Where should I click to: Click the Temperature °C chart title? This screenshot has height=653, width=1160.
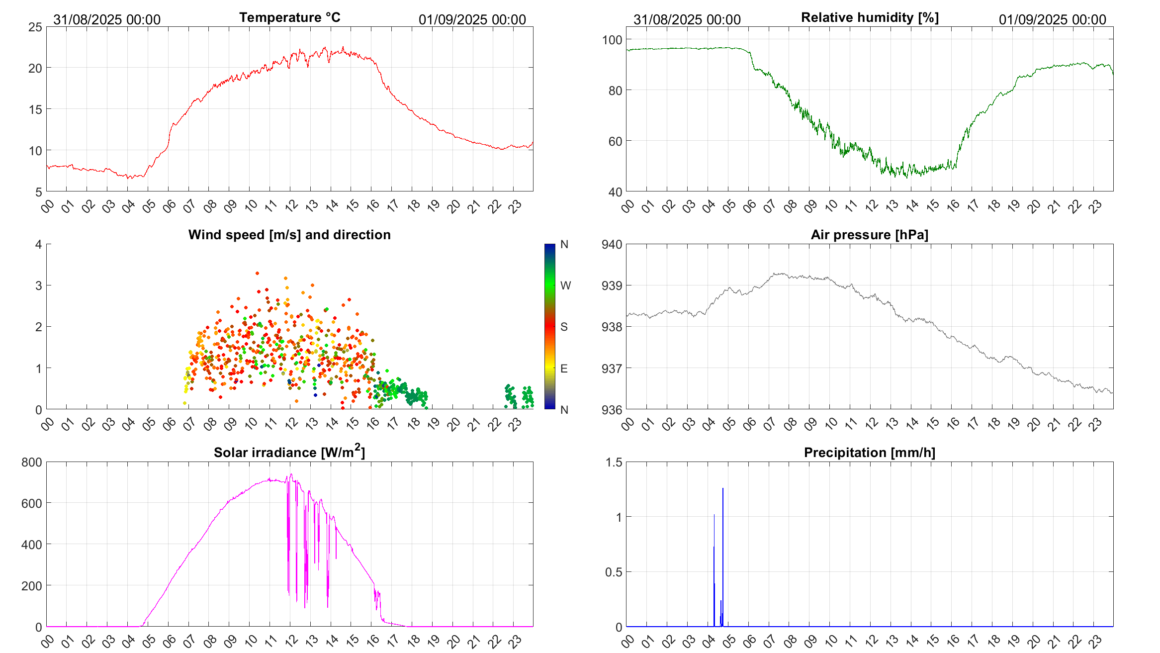click(x=290, y=17)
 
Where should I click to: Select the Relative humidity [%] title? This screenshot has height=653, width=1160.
click(x=870, y=17)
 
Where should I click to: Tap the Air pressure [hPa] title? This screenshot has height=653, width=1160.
click(x=869, y=235)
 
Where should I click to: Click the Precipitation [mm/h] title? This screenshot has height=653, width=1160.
click(x=869, y=453)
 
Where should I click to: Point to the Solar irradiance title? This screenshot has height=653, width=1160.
click(x=289, y=452)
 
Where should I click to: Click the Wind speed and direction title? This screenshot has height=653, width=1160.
click(x=289, y=235)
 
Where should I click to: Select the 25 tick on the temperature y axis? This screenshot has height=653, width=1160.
click(x=35, y=27)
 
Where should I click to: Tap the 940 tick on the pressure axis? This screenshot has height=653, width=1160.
click(x=612, y=244)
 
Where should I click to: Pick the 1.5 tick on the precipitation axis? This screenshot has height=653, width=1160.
click(x=614, y=462)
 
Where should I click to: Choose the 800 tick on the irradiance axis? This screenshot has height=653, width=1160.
click(x=32, y=462)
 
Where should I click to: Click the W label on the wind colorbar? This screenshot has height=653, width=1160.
click(x=565, y=285)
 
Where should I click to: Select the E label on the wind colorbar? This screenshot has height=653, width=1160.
click(x=564, y=369)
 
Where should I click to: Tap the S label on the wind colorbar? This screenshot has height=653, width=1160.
click(x=564, y=327)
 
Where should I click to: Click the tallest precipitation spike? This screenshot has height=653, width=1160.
click(x=723, y=489)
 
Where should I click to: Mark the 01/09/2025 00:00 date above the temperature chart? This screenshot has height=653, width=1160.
click(x=472, y=19)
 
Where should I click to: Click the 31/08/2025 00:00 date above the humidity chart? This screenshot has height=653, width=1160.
click(x=687, y=19)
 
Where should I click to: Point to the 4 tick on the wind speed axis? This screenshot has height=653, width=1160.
click(x=39, y=244)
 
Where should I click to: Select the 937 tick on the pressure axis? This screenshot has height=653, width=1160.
click(x=612, y=369)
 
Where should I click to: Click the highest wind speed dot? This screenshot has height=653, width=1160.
click(x=257, y=273)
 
